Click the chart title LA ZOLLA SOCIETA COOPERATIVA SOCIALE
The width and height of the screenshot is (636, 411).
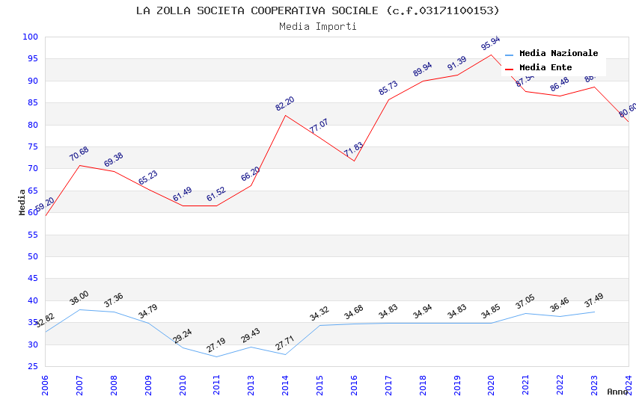click(x=317, y=10)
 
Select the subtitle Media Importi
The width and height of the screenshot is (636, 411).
click(x=317, y=26)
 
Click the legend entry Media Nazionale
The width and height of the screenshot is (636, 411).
click(x=558, y=53)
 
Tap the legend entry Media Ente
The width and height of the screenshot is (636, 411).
click(x=545, y=67)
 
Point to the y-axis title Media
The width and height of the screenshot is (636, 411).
click(x=22, y=202)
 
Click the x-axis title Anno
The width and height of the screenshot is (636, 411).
click(x=617, y=392)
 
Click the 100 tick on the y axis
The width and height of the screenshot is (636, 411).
click(x=31, y=37)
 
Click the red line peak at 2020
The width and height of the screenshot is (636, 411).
click(x=492, y=55)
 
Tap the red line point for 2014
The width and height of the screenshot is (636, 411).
click(x=286, y=115)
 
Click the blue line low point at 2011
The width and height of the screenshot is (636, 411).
click(x=217, y=356)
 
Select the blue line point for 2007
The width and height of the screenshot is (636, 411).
click(x=79, y=309)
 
